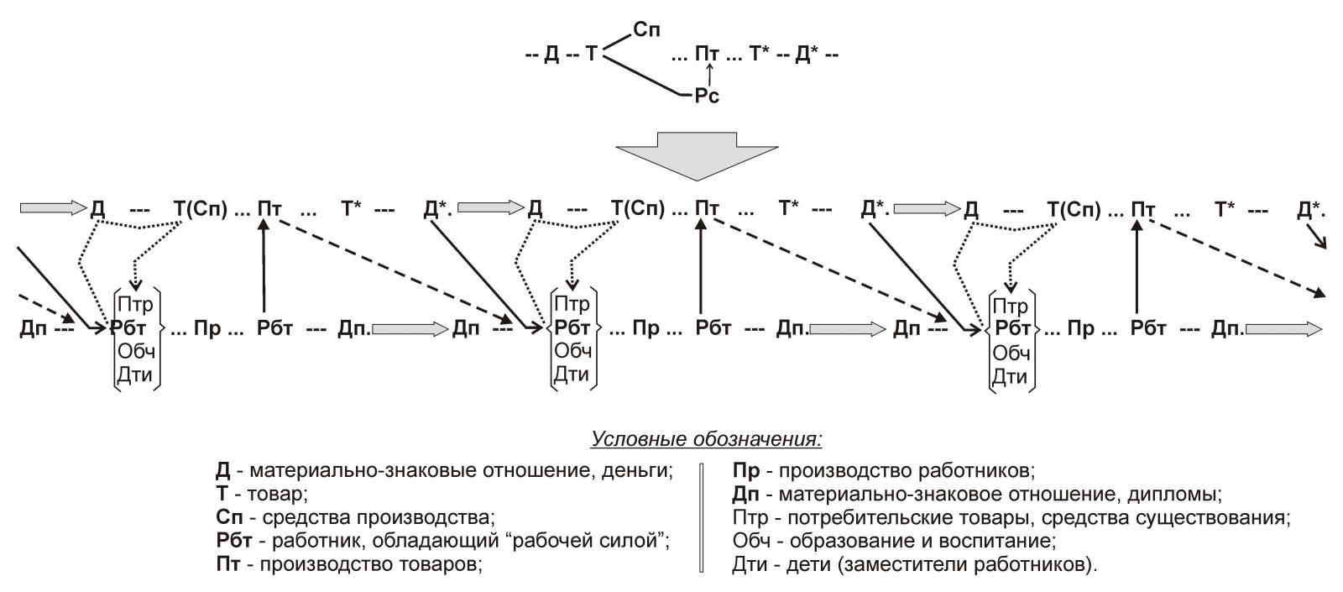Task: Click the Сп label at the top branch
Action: (x=646, y=30)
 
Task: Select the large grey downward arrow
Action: (x=697, y=155)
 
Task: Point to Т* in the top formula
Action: (x=760, y=55)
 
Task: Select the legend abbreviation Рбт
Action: (x=233, y=540)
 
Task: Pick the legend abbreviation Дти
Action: (x=748, y=564)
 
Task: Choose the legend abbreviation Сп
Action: (x=228, y=516)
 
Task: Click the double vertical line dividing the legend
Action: (x=702, y=516)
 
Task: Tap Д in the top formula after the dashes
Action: (x=551, y=55)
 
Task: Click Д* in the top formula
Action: (x=807, y=55)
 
